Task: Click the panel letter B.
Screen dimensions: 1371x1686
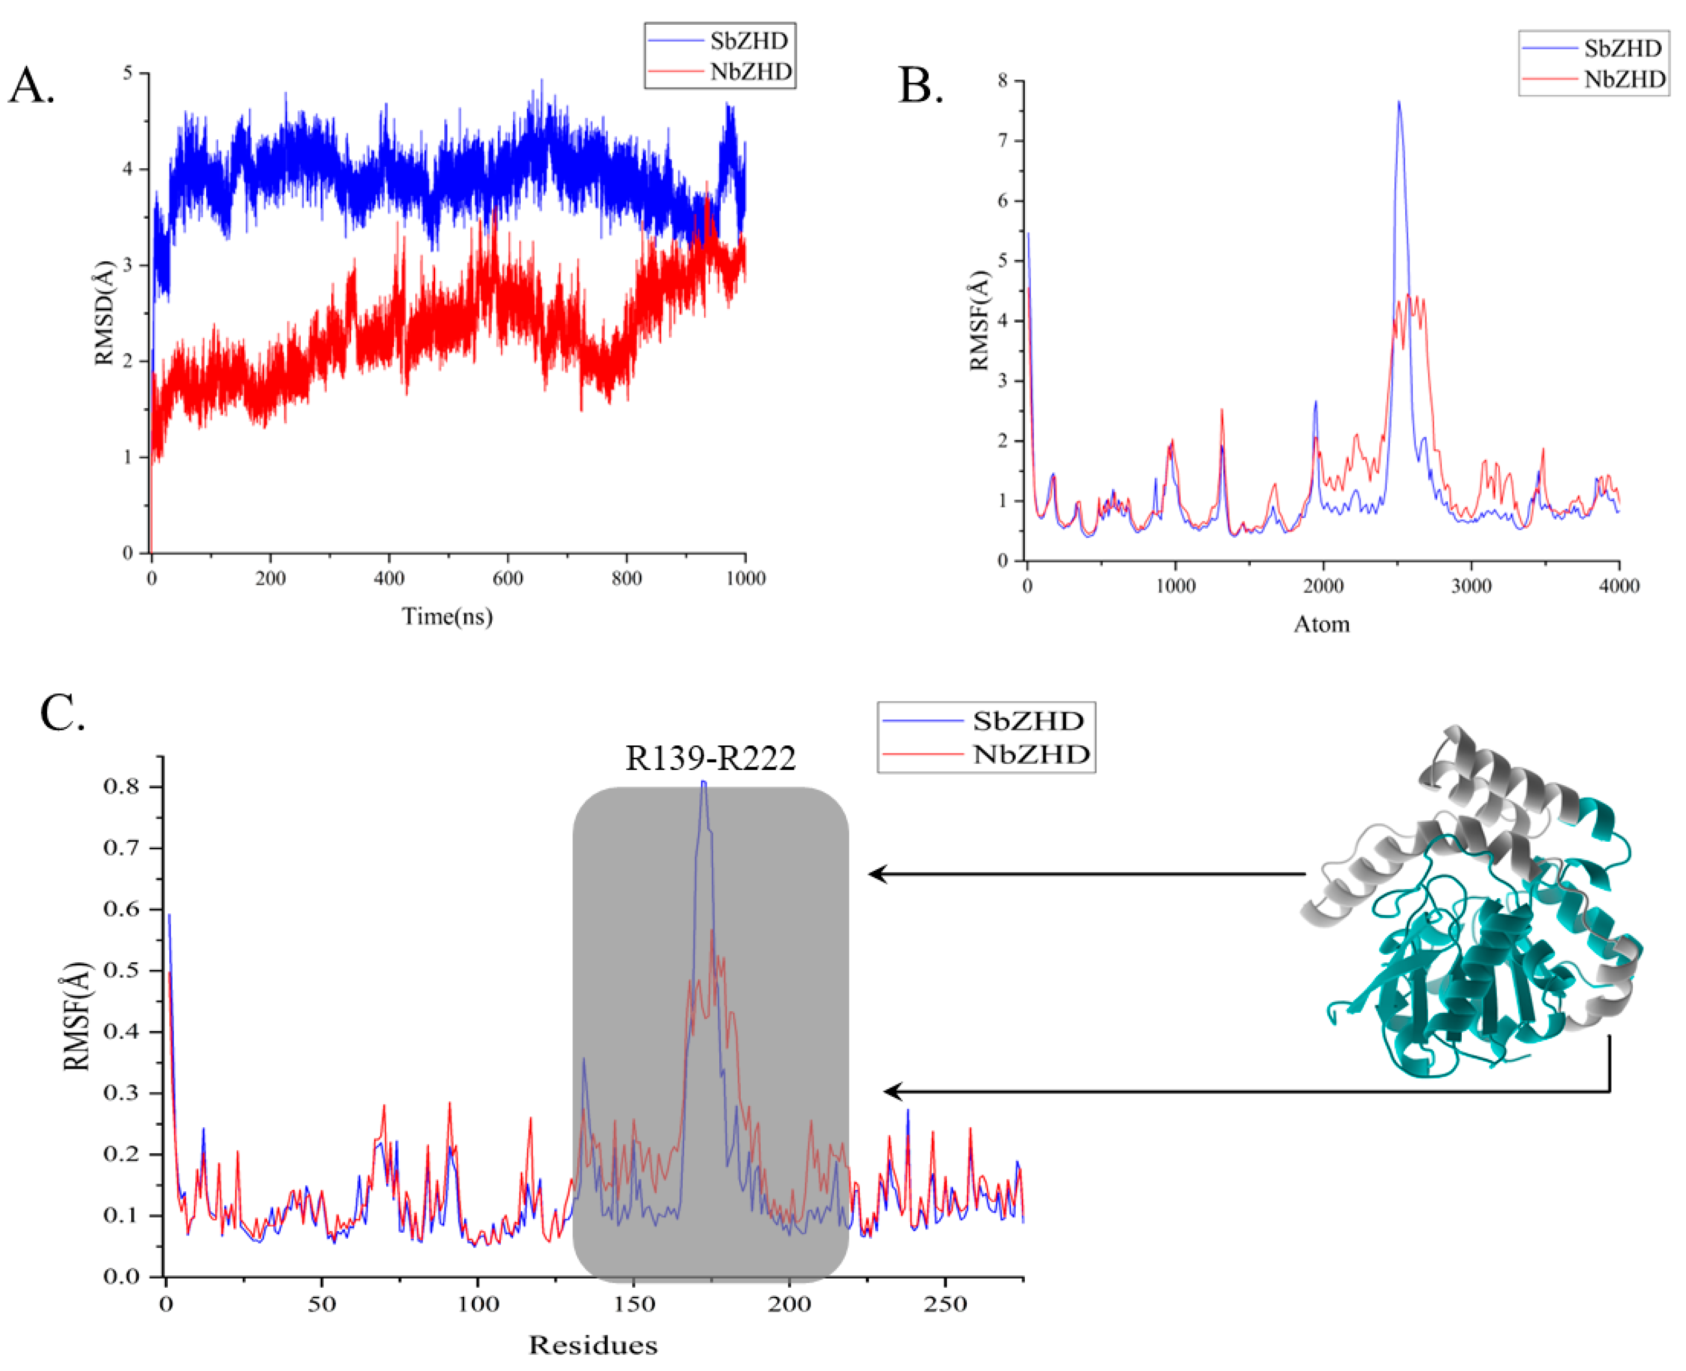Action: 919,86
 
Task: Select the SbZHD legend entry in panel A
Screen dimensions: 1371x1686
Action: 747,41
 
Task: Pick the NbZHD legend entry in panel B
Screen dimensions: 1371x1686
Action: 1624,80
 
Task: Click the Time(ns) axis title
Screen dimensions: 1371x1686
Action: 447,616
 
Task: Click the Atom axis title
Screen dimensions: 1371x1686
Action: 1321,624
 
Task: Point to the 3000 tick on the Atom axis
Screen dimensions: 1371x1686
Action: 1471,586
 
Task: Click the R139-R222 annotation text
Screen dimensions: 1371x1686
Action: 710,758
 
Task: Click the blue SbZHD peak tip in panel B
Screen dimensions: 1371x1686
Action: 1399,103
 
